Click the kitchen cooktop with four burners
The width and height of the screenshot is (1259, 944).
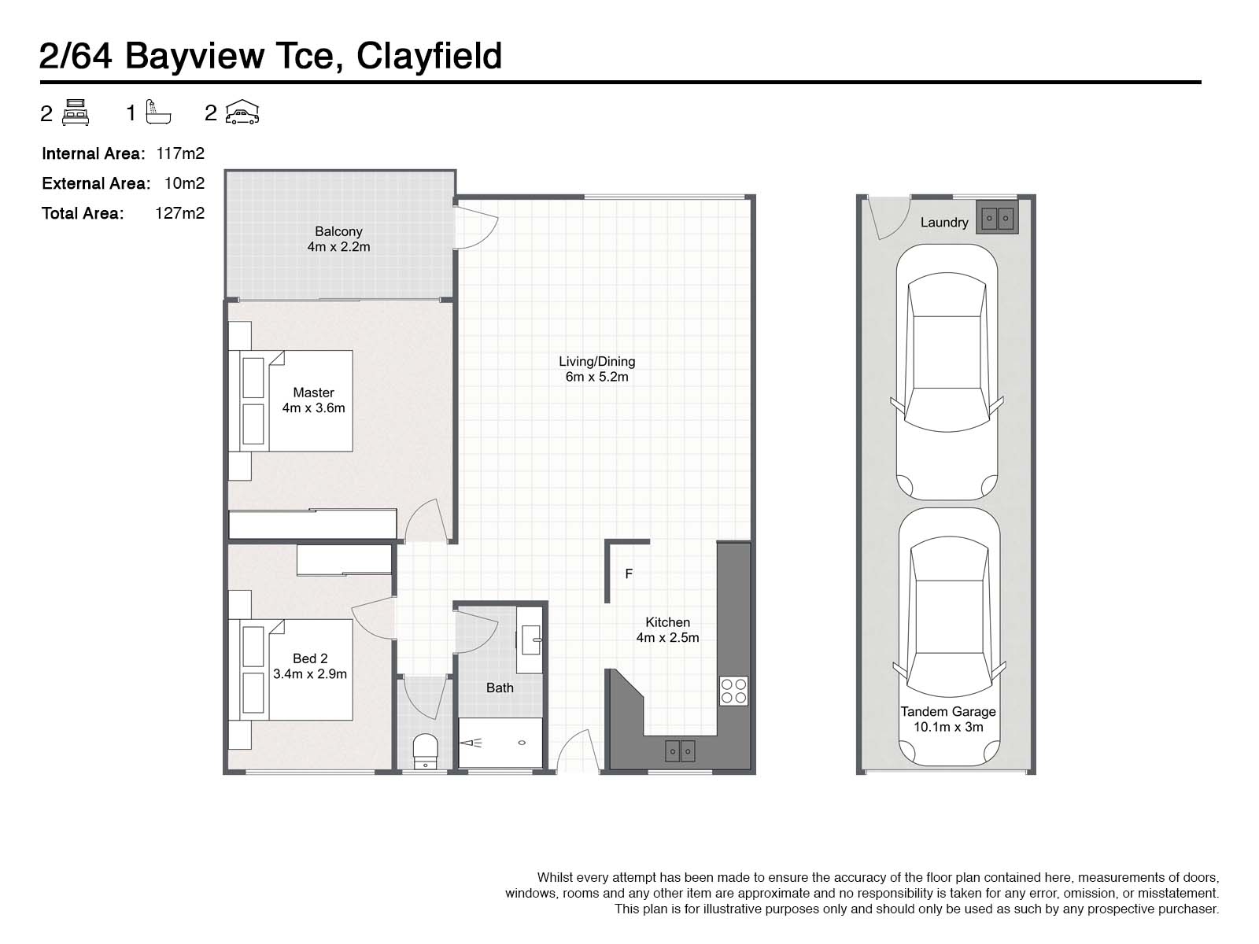pyautogui.click(x=733, y=691)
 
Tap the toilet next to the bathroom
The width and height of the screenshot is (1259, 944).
pyautogui.click(x=425, y=750)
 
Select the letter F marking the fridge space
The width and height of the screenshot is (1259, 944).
pyautogui.click(x=629, y=574)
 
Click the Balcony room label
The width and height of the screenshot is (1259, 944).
pyautogui.click(x=338, y=231)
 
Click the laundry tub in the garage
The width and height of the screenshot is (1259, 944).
pyautogui.click(x=997, y=217)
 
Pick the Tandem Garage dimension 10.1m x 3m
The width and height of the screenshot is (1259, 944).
pyautogui.click(x=948, y=727)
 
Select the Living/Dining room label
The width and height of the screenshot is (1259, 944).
pyautogui.click(x=596, y=362)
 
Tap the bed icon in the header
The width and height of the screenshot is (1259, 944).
pyautogui.click(x=76, y=112)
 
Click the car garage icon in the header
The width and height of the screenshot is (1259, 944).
pyautogui.click(x=242, y=112)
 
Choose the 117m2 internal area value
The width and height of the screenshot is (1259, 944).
pyautogui.click(x=180, y=153)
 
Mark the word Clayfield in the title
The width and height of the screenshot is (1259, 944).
pyautogui.click(x=429, y=57)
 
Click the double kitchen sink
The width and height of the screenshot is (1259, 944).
pyautogui.click(x=680, y=750)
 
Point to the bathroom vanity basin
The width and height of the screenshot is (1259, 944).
pyautogui.click(x=532, y=640)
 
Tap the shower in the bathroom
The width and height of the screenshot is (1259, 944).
pyautogui.click(x=500, y=742)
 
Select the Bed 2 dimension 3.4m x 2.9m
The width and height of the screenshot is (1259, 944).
pyautogui.click(x=310, y=674)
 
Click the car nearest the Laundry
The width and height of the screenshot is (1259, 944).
pyautogui.click(x=947, y=372)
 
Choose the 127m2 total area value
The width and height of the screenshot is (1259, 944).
pyautogui.click(x=180, y=212)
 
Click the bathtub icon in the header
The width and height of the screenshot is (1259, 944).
pyautogui.click(x=158, y=112)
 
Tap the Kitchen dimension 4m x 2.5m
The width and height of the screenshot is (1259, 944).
pyautogui.click(x=667, y=638)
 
